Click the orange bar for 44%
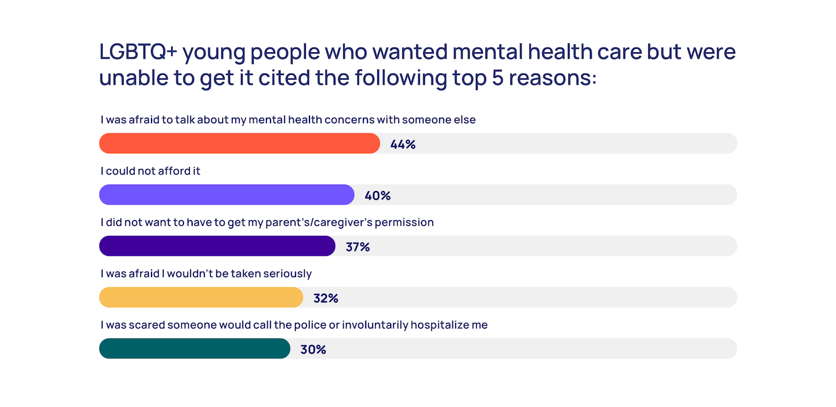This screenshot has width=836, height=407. pos(239,143)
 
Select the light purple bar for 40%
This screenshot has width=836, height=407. pos(226,195)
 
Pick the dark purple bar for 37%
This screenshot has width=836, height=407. pos(217,246)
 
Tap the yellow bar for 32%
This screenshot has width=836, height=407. pos(201,297)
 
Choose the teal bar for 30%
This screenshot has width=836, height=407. pos(194,349)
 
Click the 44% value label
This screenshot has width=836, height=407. pos(403,145)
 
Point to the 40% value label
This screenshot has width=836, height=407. pos(377,196)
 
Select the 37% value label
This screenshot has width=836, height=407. pos(358,247)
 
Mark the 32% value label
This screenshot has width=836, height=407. pos(326,298)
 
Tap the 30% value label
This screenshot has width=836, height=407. pos(313,350)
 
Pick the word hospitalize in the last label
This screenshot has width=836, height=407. pos(439,325)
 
